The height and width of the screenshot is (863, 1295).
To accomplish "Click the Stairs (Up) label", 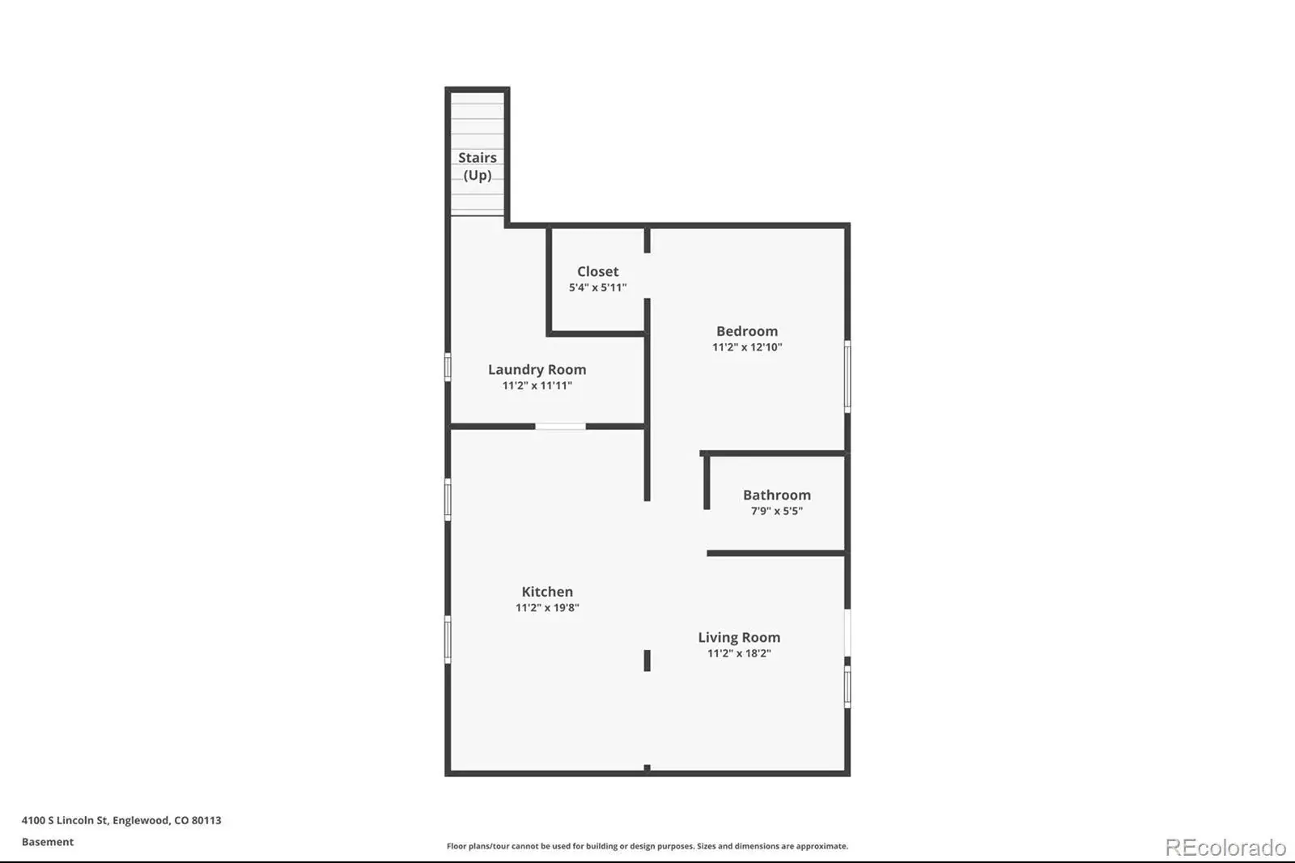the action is [477, 166].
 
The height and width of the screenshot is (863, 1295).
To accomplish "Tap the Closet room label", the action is [598, 271].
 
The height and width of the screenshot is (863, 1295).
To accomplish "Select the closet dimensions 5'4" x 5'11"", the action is [598, 287].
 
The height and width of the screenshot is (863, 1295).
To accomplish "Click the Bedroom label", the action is [747, 331].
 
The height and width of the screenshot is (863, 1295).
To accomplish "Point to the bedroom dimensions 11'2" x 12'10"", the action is [747, 347].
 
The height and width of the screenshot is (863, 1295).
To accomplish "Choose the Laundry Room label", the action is [537, 370].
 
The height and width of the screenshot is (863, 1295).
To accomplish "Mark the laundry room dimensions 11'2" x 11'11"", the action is [537, 385].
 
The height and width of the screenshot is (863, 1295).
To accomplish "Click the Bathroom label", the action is [777, 495].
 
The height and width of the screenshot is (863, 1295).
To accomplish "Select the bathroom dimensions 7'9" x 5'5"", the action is [777, 511].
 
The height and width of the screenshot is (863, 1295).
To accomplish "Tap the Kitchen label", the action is [547, 592].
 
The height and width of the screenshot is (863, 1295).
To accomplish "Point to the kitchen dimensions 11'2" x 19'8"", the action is [547, 607].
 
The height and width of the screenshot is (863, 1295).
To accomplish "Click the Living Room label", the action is [739, 637].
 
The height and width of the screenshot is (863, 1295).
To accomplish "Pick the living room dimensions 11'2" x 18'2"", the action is [740, 653].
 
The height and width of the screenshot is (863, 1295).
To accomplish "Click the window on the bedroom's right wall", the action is [847, 376].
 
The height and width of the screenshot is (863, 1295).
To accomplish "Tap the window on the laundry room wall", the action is [448, 367].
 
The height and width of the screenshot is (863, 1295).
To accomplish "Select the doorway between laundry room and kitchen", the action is [560, 427].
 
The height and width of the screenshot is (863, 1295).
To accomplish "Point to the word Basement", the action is [48, 842].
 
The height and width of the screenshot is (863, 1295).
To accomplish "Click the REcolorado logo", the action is [1225, 848].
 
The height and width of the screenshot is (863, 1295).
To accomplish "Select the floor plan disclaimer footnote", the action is [647, 846].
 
